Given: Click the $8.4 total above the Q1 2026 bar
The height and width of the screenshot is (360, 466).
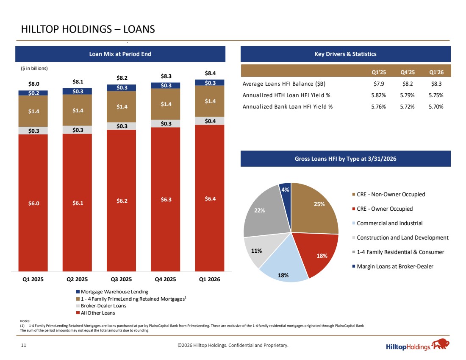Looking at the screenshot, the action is click(x=210, y=73).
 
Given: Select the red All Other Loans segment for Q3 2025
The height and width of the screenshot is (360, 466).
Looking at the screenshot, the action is click(x=121, y=201).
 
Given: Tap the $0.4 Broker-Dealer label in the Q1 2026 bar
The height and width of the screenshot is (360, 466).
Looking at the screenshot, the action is click(x=210, y=121).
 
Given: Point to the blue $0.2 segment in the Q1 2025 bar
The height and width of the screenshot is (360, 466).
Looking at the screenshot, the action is click(x=33, y=93).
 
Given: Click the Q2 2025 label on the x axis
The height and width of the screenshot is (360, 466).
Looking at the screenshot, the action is click(x=77, y=279).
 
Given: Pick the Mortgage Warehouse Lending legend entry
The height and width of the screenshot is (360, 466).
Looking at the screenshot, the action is click(x=112, y=292).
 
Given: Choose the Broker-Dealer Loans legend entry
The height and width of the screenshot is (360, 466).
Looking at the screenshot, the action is click(x=101, y=306).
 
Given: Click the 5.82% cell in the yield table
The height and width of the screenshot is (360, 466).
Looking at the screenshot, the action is click(x=379, y=95).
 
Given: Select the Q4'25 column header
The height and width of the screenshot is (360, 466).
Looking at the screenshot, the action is click(x=408, y=73).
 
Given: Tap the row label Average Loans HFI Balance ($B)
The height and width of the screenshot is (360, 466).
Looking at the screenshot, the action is click(x=284, y=84).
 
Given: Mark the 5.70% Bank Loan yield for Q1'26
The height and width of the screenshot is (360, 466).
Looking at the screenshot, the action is click(x=436, y=106).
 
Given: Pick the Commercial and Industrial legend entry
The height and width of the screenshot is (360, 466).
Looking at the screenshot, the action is click(x=387, y=223).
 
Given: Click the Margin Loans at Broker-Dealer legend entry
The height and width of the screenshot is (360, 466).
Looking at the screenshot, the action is click(x=393, y=267).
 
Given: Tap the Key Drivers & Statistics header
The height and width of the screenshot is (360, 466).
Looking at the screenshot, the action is click(x=345, y=54).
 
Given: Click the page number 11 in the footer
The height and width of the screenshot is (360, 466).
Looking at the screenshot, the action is click(x=23, y=345).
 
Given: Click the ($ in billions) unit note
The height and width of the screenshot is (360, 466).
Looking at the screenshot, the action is click(x=34, y=68).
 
